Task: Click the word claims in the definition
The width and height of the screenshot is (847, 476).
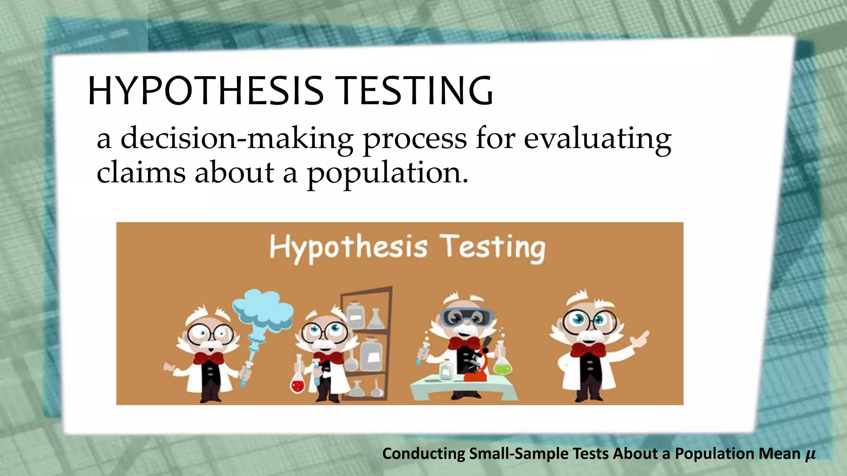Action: click(141, 172)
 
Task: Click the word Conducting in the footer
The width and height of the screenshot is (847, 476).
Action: click(424, 454)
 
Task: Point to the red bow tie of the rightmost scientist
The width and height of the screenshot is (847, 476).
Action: click(588, 350)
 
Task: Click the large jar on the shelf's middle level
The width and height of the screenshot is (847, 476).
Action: click(371, 355)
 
